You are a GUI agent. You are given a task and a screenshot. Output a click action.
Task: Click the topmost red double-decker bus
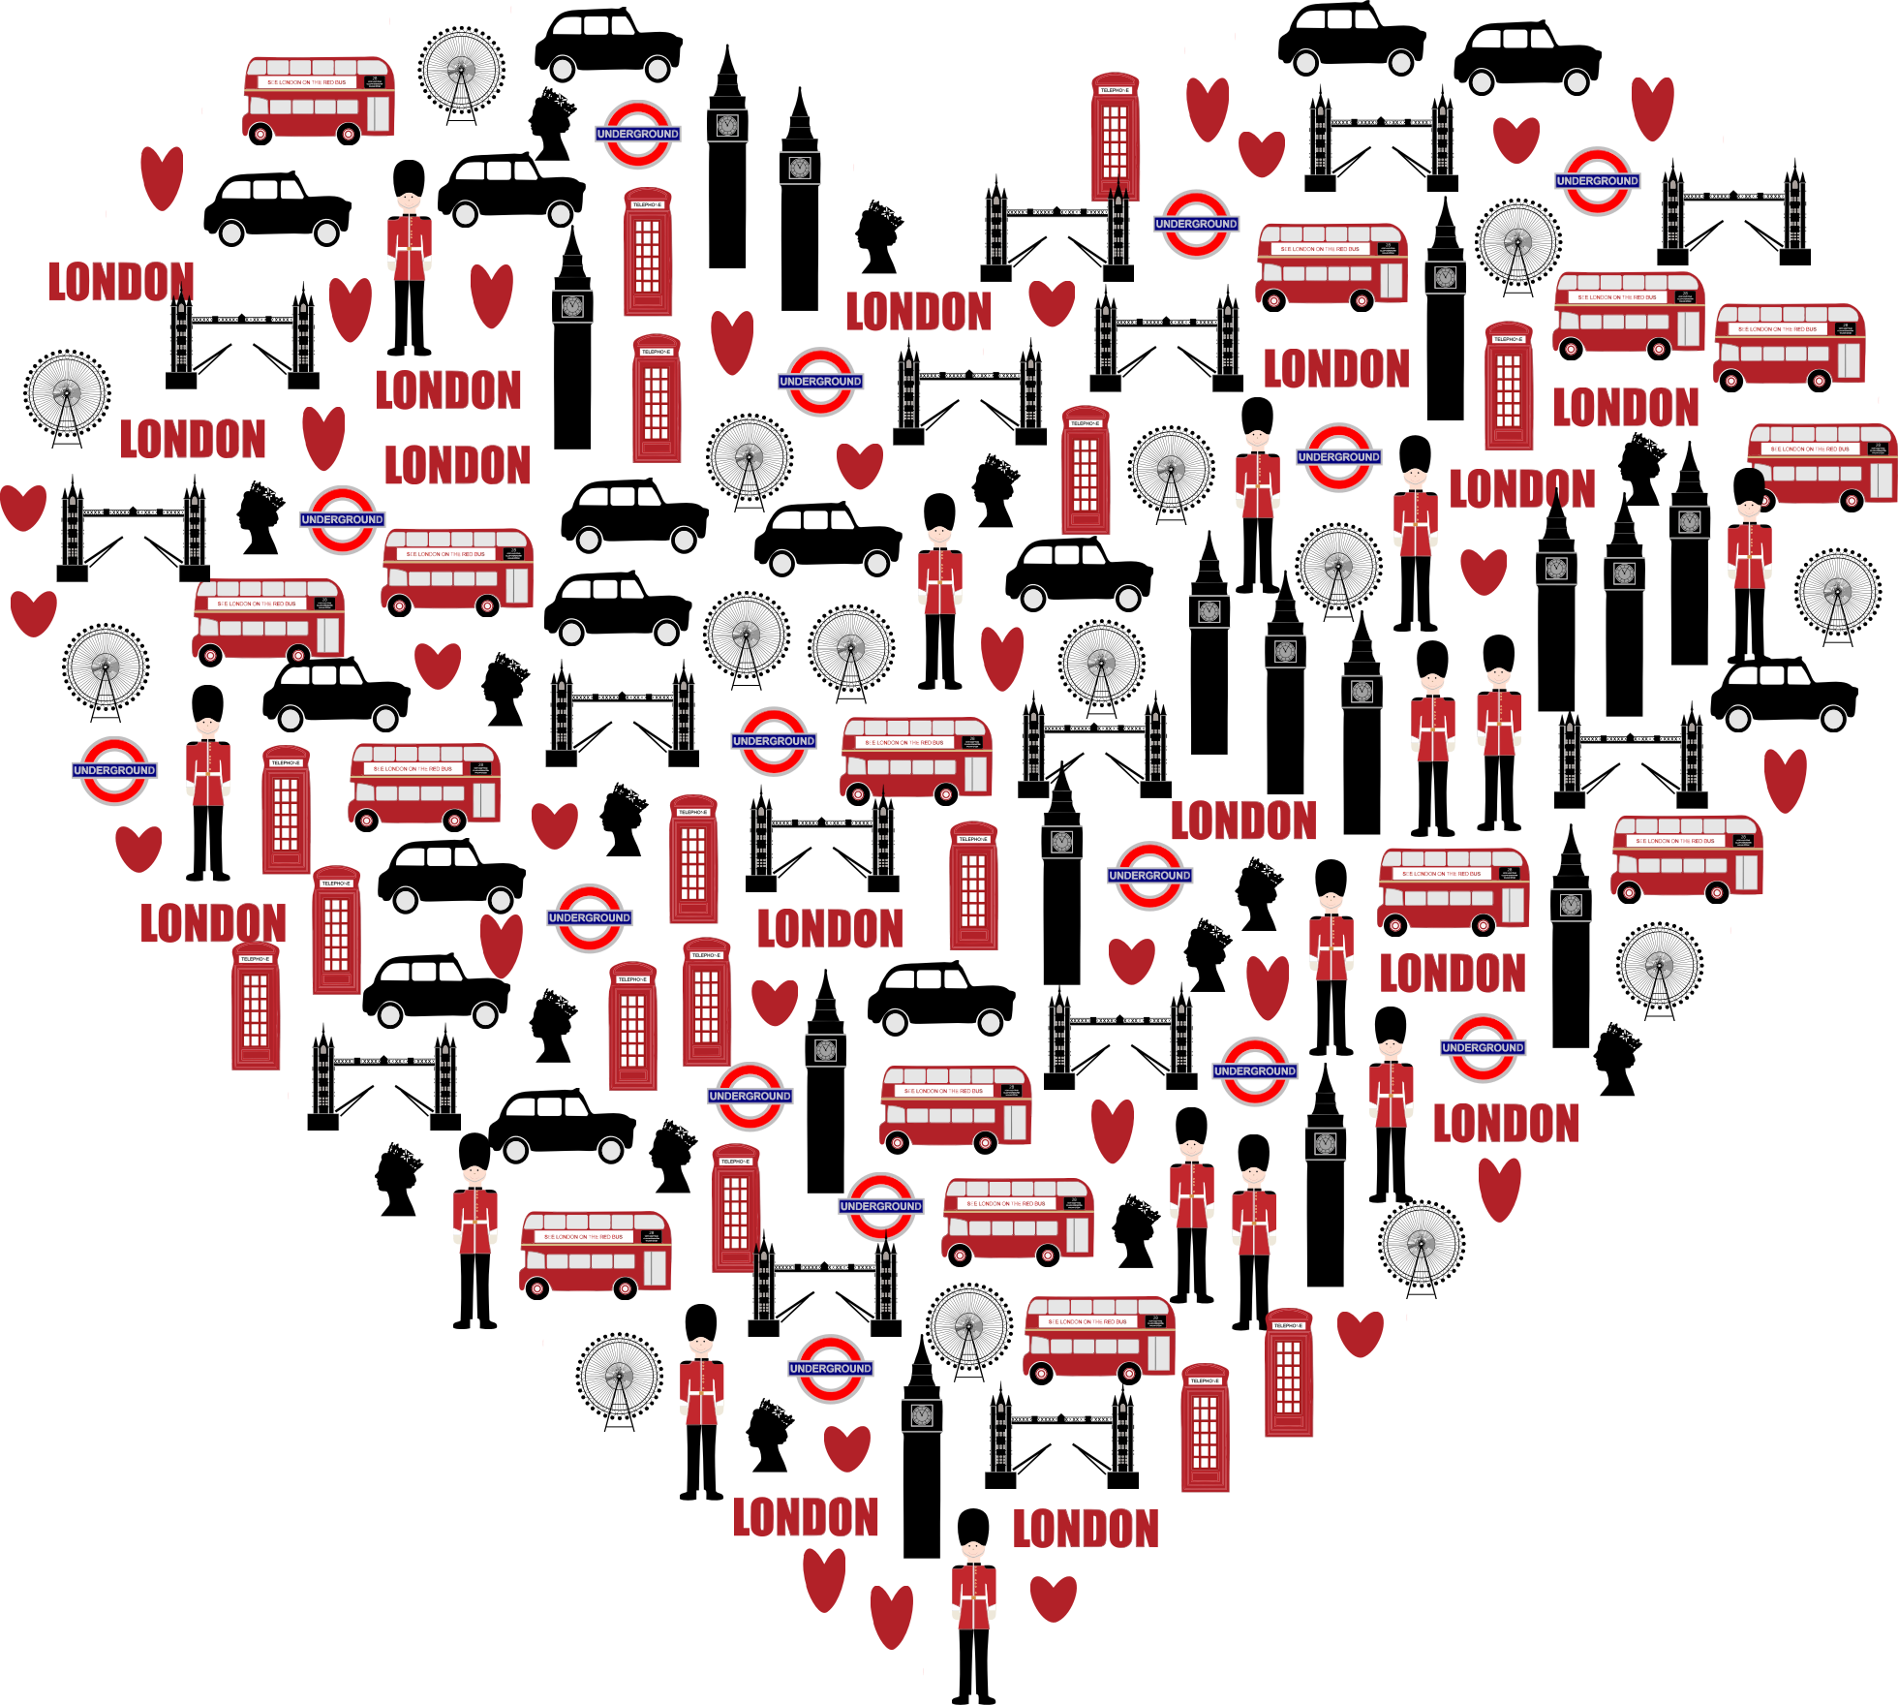pyautogui.click(x=318, y=97)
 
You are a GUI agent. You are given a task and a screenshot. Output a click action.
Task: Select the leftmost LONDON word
pyautogui.click(x=121, y=282)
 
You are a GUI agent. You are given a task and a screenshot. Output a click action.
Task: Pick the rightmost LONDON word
pyautogui.click(x=1626, y=408)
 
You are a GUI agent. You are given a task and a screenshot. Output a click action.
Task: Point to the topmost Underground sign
pyautogui.click(x=638, y=134)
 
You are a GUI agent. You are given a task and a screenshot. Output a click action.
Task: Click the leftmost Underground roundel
pyautogui.click(x=114, y=770)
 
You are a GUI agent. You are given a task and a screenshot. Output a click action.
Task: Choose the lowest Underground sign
pyautogui.click(x=831, y=1368)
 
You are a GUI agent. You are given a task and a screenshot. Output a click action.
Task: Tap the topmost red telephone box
pyautogui.click(x=1116, y=136)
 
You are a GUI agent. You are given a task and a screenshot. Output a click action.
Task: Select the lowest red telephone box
pyautogui.click(x=1205, y=1428)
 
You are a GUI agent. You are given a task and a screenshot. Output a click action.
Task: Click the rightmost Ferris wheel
pyautogui.click(x=1837, y=592)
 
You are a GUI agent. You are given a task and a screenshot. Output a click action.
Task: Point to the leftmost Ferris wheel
pyautogui.click(x=67, y=393)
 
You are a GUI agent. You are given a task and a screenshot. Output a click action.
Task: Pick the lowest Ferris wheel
pyautogui.click(x=620, y=1376)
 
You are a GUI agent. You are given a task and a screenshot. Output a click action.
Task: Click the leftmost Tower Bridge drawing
pyautogui.click(x=132, y=539)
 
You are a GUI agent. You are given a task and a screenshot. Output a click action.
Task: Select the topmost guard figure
pyautogui.click(x=409, y=236)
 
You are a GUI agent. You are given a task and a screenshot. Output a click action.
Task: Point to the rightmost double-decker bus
pyautogui.click(x=1821, y=465)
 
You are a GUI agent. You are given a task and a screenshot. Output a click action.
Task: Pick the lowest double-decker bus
pyautogui.click(x=1099, y=1337)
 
